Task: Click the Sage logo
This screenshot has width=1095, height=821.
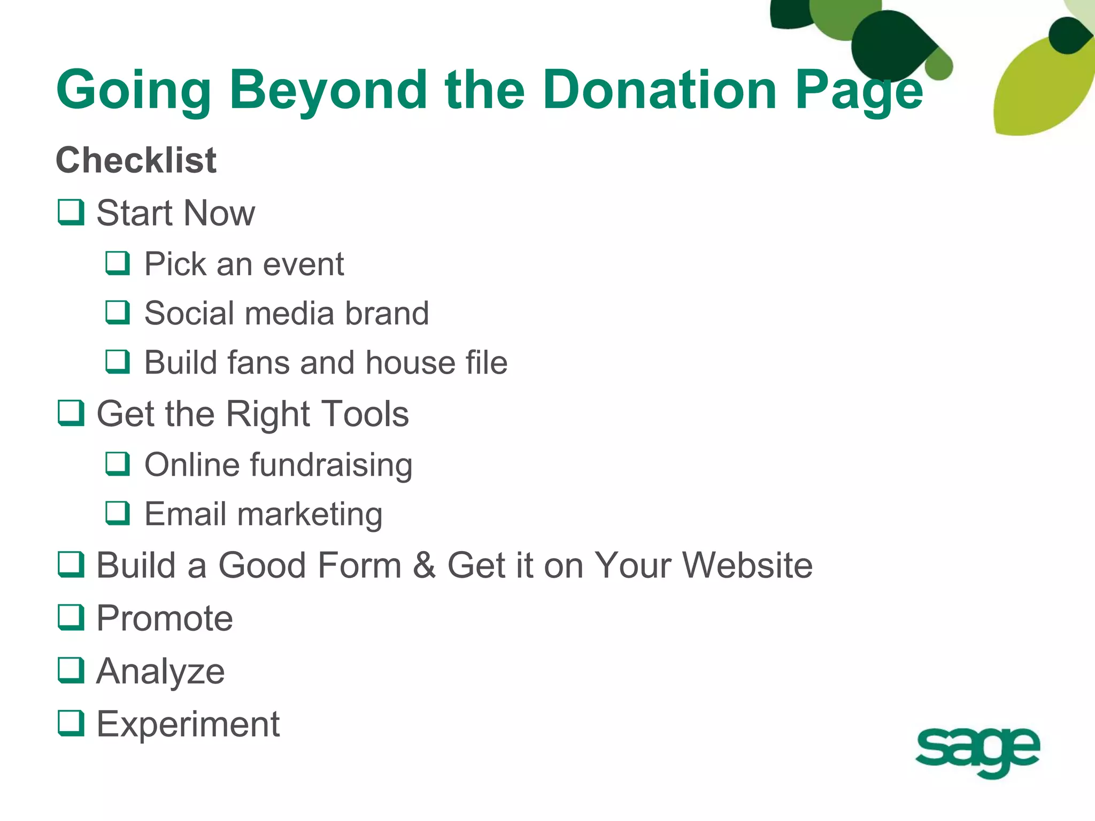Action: pyautogui.click(x=977, y=750)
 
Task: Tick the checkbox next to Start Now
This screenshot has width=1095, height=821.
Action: pyautogui.click(x=71, y=213)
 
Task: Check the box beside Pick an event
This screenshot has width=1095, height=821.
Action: pyautogui.click(x=118, y=264)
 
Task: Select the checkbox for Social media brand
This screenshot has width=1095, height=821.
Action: pyautogui.click(x=118, y=313)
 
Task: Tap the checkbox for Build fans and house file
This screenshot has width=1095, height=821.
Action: pyautogui.click(x=118, y=362)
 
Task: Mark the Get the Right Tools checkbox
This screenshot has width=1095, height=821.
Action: pyautogui.click(x=71, y=413)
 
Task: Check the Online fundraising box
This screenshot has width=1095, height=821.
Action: pyautogui.click(x=118, y=464)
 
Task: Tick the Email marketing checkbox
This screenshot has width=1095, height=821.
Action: pyautogui.click(x=118, y=513)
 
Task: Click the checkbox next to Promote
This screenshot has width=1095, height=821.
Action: pyautogui.click(x=71, y=617)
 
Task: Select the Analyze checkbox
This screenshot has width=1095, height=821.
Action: pyautogui.click(x=71, y=670)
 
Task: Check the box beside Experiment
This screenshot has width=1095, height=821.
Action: pyautogui.click(x=71, y=723)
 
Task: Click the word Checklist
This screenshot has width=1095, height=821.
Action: pyautogui.click(x=136, y=160)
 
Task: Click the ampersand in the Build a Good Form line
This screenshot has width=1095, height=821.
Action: pyautogui.click(x=424, y=566)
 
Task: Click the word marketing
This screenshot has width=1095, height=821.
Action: pyautogui.click(x=310, y=515)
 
